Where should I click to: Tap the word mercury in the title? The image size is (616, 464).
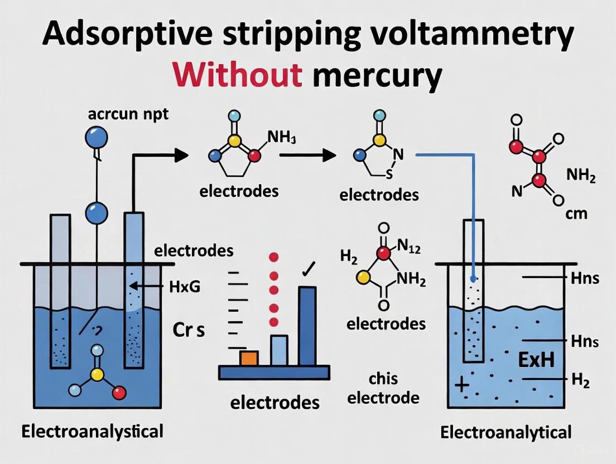[374, 76]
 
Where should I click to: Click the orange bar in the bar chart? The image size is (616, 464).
[249, 357]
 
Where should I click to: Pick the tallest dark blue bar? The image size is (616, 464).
[307, 326]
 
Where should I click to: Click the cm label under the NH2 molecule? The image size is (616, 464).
[577, 214]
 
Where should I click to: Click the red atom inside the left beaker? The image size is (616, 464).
[119, 394]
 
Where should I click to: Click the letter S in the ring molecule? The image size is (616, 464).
[389, 175]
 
